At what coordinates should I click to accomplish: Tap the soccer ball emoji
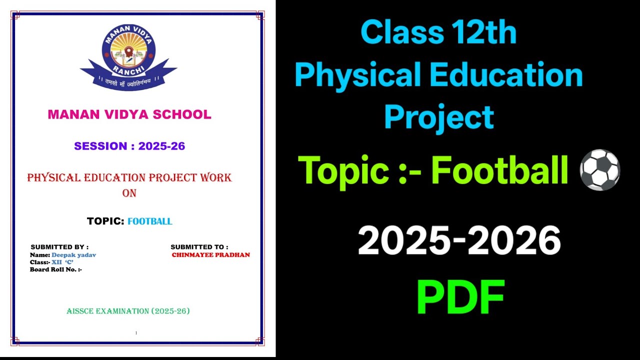pos(599,170)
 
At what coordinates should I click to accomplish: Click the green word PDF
pos(460,297)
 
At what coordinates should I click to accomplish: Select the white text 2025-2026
pos(459,241)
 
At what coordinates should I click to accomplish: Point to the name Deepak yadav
pos(73,255)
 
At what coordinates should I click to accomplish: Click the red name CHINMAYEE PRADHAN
pos(210,255)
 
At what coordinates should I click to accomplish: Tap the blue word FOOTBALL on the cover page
pos(149,221)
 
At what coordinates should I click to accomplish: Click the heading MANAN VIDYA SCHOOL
pos(129,114)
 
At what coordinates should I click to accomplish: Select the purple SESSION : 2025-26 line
pos(129,146)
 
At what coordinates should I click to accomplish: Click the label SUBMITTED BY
pos(59,247)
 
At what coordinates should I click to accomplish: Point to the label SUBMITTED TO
pos(199,247)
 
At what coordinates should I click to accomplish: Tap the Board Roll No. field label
pos(55,269)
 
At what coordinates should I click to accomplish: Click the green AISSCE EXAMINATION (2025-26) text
pos(128,311)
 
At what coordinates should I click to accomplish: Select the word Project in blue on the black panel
pos(439,118)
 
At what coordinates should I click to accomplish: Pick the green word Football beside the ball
pos(499,170)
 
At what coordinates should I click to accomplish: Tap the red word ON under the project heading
pos(129,193)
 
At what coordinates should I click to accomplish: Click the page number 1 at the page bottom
pos(136,333)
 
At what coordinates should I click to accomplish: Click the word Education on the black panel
pos(505,75)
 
